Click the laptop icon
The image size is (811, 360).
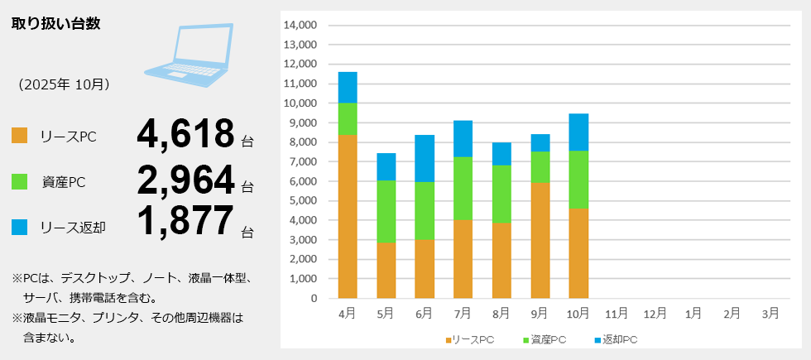click(x=191, y=54)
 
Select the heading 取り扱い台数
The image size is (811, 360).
click(x=56, y=23)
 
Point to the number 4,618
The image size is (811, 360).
click(x=186, y=133)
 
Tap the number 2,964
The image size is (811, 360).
click(x=186, y=179)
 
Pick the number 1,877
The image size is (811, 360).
click(x=186, y=221)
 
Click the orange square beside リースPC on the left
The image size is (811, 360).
click(x=20, y=136)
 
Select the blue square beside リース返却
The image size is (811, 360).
click(x=20, y=226)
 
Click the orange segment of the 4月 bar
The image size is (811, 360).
click(x=348, y=216)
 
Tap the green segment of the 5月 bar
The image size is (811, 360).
click(x=386, y=211)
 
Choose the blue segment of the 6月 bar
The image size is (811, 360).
click(x=425, y=158)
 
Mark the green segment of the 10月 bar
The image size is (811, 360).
click(x=578, y=179)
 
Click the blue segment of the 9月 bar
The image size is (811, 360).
click(x=540, y=142)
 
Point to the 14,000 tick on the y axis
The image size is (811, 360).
click(x=300, y=25)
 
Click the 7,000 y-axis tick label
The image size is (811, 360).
click(x=302, y=161)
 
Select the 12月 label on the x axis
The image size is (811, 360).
click(x=655, y=313)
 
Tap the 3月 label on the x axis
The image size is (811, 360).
click(x=770, y=313)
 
